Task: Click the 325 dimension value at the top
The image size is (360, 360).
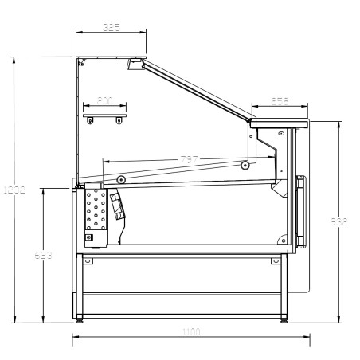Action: coord(112,28)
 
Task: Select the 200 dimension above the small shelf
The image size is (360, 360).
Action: coord(104,101)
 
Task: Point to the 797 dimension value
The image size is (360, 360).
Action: coord(189,159)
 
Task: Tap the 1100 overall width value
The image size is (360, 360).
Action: coord(191,332)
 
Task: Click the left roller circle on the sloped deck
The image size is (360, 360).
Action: coord(120,179)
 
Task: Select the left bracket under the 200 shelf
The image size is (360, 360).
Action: coord(91,120)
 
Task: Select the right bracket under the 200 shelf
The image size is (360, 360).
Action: coord(119,120)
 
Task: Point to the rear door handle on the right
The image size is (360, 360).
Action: coord(300,211)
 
